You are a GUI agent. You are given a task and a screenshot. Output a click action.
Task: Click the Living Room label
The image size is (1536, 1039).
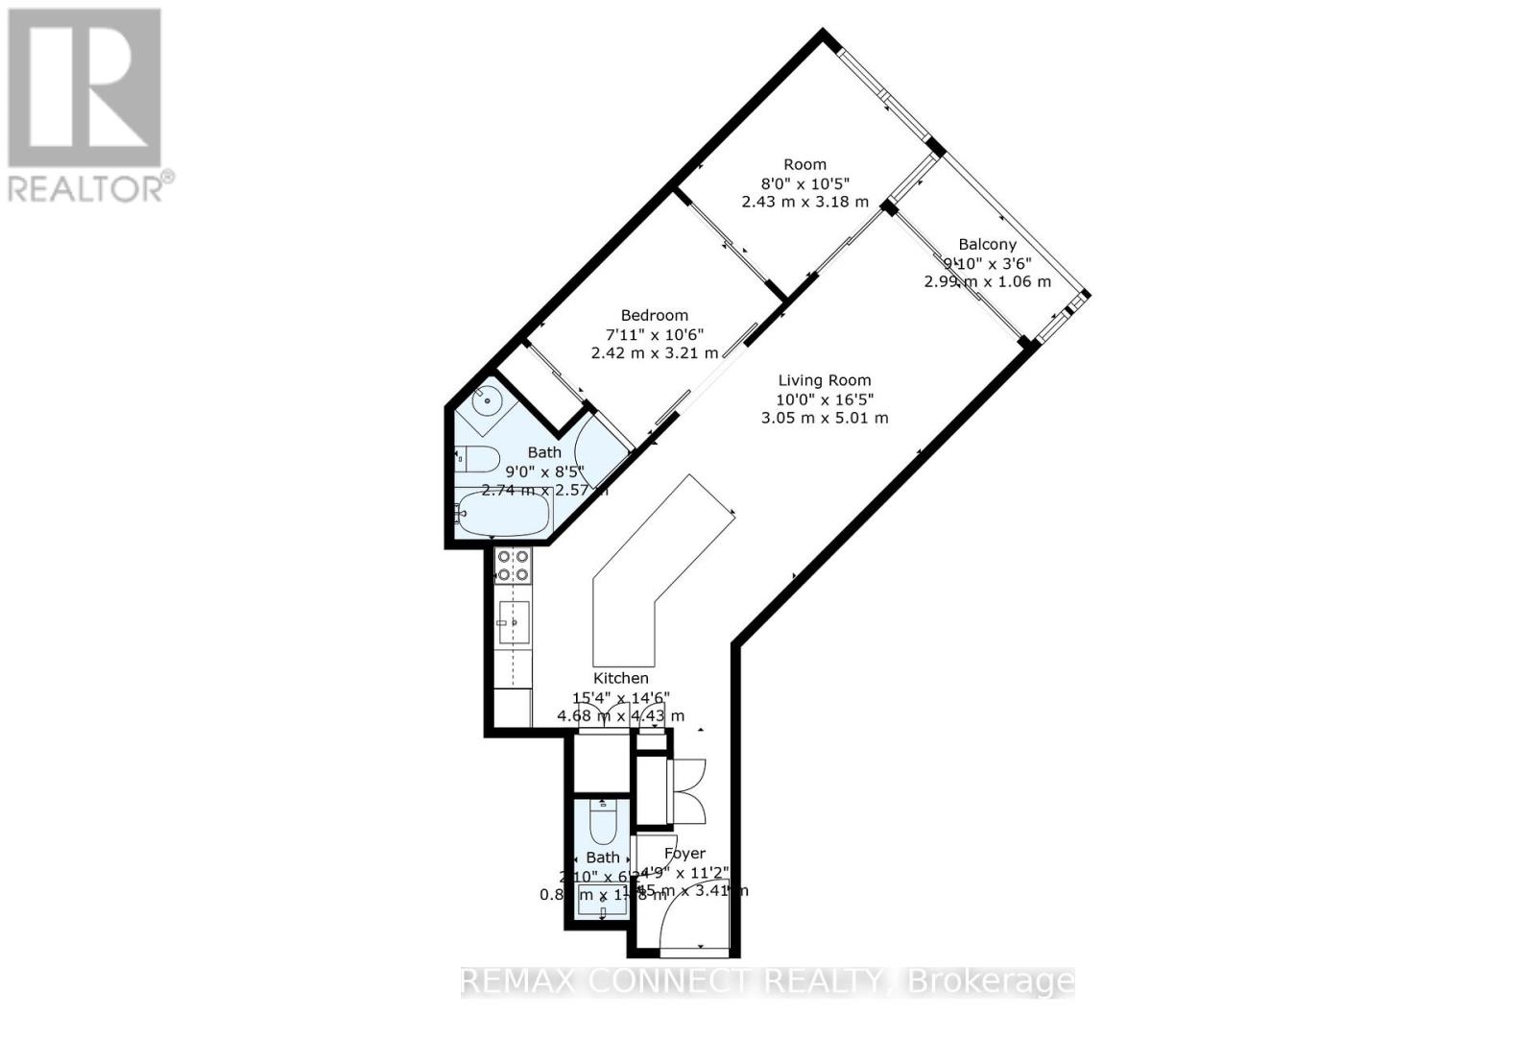click(824, 380)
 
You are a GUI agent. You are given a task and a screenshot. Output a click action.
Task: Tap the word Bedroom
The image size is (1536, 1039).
click(654, 315)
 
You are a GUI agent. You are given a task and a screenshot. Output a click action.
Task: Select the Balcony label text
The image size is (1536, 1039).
click(987, 244)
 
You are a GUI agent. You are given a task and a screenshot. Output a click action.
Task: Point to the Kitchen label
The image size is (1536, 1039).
click(620, 678)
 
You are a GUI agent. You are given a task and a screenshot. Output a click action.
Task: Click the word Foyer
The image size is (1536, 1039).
click(684, 853)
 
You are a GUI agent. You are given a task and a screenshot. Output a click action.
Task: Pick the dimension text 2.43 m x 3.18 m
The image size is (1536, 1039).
click(804, 202)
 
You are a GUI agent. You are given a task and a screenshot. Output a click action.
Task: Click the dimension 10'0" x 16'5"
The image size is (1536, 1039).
click(825, 399)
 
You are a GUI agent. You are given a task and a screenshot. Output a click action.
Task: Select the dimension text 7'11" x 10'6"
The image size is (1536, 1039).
click(654, 334)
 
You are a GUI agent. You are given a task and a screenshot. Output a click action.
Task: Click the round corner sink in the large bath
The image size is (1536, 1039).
click(486, 400)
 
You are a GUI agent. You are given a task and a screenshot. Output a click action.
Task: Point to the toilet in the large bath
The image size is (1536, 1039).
click(476, 459)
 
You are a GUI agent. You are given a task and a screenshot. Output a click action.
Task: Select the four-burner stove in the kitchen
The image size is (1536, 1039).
click(513, 566)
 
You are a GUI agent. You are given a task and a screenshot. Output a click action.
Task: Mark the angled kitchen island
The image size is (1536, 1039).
click(653, 576)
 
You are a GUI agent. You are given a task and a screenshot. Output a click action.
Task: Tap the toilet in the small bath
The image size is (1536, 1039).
click(602, 822)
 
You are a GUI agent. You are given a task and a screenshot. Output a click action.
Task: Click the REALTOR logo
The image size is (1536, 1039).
click(86, 106)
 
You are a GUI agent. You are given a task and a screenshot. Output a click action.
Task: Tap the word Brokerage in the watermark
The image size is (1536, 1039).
click(990, 981)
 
